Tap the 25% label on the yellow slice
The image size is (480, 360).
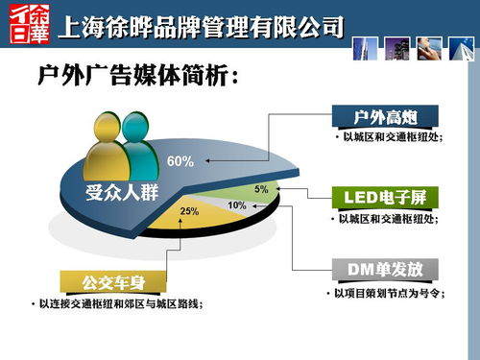tap(188, 210)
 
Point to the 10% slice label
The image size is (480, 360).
tap(237, 205)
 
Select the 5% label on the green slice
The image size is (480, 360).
tap(261, 189)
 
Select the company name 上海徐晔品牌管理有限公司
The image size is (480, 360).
tap(201, 26)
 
